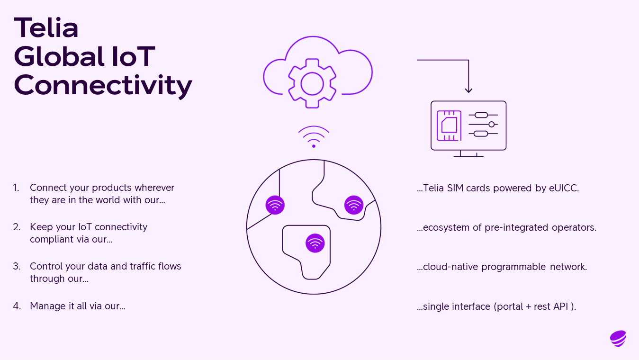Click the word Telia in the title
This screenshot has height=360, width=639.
(x=46, y=27)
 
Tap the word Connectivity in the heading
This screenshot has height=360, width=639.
(x=103, y=85)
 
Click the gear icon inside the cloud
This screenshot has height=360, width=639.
(x=312, y=83)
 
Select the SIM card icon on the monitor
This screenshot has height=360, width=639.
(x=449, y=126)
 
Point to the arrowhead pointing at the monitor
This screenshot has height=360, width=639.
(x=468, y=90)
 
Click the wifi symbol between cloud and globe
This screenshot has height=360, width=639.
(x=314, y=136)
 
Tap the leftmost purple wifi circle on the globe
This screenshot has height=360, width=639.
(x=275, y=205)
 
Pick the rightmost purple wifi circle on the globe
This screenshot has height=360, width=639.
(x=354, y=205)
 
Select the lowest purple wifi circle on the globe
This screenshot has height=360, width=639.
(x=315, y=243)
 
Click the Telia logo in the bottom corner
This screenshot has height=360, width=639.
(x=618, y=338)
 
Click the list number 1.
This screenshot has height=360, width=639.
(x=16, y=188)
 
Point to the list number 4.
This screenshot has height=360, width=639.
(x=17, y=306)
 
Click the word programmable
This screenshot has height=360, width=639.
(x=513, y=267)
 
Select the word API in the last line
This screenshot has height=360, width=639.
(x=560, y=306)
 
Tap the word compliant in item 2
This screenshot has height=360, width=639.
(x=52, y=239)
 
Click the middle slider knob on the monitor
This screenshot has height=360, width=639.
(x=492, y=125)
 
